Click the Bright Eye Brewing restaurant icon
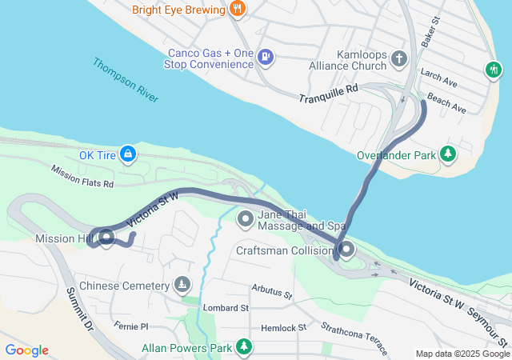pos(237,10)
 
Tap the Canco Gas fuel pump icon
pos(266,58)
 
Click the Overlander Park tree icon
pos(448,152)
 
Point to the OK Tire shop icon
pos(128,152)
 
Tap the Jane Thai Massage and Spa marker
pos(244,218)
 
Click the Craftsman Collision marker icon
pos(346,250)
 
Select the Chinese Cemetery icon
pos(182,285)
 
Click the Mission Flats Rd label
pos(82,177)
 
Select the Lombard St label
pos(226,307)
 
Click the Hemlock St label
pos(278,328)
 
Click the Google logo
pos(26,350)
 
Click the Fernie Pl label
pos(131,326)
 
